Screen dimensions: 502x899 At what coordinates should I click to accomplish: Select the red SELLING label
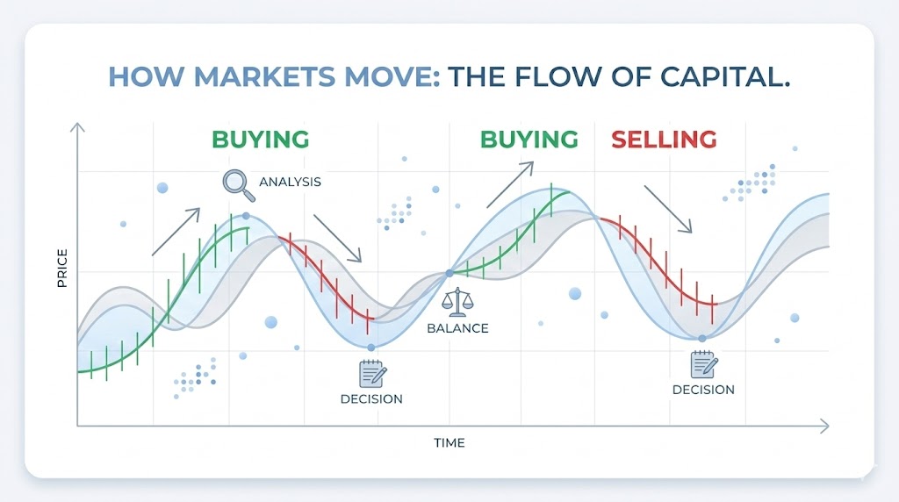coord(664,139)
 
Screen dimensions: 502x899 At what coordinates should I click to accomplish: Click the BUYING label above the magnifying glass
coord(260,139)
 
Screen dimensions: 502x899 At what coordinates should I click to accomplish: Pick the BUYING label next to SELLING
coord(529,139)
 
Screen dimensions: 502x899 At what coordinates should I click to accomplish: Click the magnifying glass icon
coord(234,182)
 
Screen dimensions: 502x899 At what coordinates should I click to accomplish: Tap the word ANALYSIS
coord(290,183)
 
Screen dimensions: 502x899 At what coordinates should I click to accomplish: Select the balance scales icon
coord(457,303)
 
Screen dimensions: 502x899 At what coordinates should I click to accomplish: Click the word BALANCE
coord(457,328)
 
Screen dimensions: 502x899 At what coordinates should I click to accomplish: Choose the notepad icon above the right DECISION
coord(702,364)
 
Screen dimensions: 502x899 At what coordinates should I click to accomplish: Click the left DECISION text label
coord(371,398)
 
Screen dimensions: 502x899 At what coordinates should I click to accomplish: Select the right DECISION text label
coord(703,390)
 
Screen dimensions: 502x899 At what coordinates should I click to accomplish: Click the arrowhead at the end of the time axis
coord(823,427)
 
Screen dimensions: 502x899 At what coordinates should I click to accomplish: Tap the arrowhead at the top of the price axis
coord(77,129)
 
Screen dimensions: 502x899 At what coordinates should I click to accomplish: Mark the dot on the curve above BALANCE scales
coord(449,273)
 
